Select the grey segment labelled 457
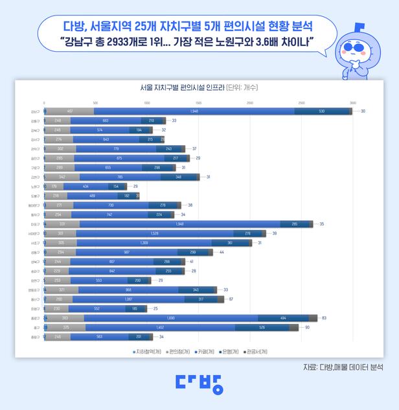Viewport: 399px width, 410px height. click(70, 111)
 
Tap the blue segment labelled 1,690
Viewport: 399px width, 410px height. click(171, 318)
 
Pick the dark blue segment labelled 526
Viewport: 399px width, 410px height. click(262, 328)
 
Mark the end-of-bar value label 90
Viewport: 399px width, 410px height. click(307, 328)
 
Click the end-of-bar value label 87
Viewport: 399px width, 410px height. click(231, 299)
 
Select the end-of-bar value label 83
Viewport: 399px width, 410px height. click(324, 318)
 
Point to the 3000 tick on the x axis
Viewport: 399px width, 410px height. click(352, 103)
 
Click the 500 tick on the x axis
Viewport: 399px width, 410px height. click(95, 103)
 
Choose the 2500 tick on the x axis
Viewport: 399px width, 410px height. click(301, 103)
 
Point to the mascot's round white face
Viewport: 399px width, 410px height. click(359, 52)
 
